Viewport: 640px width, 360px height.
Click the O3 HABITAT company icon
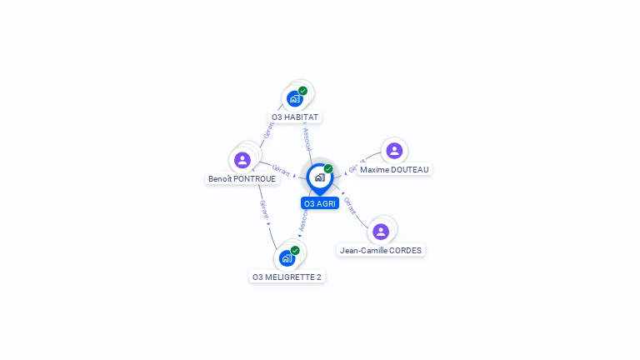coord(294,98)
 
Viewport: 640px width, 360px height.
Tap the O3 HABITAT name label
coord(295,117)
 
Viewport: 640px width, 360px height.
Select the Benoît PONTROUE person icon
coord(242,159)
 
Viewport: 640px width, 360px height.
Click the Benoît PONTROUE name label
coord(242,179)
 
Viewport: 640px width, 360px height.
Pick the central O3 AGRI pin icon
coord(319,177)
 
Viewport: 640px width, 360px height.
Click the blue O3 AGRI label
coord(320,203)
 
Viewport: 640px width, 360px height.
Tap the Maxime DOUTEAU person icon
coord(394,151)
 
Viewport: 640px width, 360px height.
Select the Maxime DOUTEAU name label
coord(394,170)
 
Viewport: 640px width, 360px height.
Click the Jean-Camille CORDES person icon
coord(381,231)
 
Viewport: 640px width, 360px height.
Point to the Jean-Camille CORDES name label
coord(381,250)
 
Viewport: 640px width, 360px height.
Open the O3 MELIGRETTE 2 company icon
coord(287,257)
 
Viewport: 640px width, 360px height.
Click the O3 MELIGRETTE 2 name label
coord(287,277)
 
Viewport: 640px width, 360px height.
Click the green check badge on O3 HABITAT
coord(302,91)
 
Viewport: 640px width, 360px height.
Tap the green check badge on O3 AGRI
coord(328,169)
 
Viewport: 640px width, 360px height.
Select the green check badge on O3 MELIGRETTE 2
coord(295,250)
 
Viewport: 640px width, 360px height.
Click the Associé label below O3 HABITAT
coord(307,138)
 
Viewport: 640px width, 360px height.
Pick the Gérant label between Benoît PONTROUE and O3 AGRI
coord(281,170)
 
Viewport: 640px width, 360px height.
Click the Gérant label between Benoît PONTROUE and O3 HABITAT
coord(268,130)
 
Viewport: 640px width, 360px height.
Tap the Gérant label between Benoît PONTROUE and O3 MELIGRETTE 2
coord(263,208)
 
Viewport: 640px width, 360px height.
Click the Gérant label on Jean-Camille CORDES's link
coord(350,205)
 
